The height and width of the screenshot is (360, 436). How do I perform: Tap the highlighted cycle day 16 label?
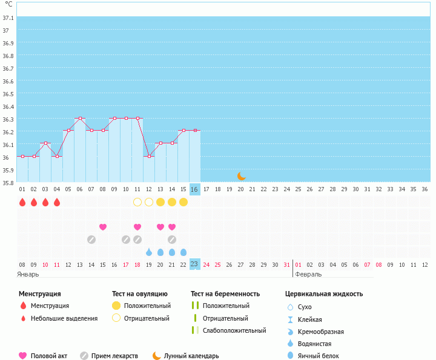point(194,189)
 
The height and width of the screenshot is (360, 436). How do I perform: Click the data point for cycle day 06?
point(80,118)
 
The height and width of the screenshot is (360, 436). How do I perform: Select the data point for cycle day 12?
point(149,156)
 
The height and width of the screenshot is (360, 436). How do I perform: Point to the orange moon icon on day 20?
point(241,175)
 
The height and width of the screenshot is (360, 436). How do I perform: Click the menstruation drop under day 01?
point(22,202)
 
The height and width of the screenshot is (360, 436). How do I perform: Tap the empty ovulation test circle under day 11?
point(137,202)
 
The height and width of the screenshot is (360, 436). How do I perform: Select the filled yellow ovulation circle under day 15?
point(183,202)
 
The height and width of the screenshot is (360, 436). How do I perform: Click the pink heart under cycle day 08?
point(103,227)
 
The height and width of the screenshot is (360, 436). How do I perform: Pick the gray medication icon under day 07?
point(91,240)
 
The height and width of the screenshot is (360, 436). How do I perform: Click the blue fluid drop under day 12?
point(149,252)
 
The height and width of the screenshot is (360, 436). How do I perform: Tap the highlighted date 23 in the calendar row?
point(194,264)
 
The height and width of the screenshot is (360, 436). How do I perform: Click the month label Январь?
point(28,274)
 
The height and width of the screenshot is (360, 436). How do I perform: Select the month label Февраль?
point(308,274)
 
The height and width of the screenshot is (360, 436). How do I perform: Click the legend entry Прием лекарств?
point(114,356)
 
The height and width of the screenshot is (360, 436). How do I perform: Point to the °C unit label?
point(8,4)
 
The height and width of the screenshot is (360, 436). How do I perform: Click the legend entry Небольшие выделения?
point(64,318)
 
